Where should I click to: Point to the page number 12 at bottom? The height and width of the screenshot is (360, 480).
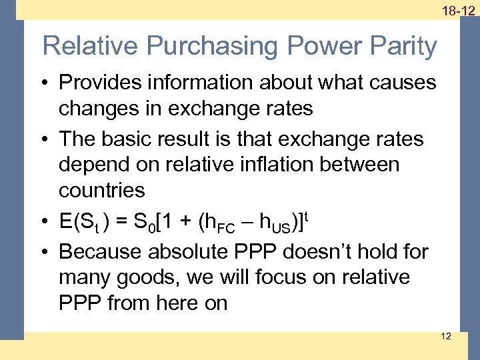(446, 336)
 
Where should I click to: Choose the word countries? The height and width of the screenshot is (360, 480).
(101, 190)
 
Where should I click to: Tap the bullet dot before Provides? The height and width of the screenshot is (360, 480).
(46, 84)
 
